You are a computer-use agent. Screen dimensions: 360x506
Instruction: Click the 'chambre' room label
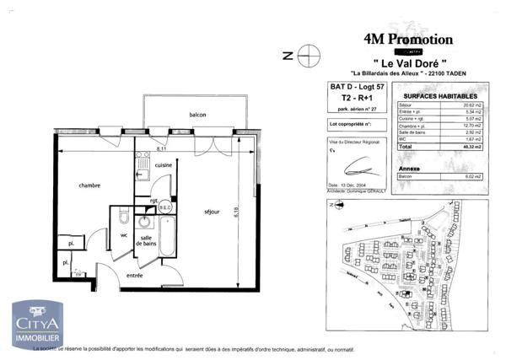[90, 186]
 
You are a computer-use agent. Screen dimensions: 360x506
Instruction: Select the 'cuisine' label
[164, 165]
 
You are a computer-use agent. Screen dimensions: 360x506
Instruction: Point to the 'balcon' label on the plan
[199, 116]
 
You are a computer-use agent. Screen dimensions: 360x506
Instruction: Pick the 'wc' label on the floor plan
[124, 235]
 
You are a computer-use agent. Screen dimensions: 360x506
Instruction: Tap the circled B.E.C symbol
[165, 207]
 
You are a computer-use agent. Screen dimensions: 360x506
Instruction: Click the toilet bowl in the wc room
[123, 213]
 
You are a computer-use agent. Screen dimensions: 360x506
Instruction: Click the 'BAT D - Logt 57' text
[355, 86]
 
